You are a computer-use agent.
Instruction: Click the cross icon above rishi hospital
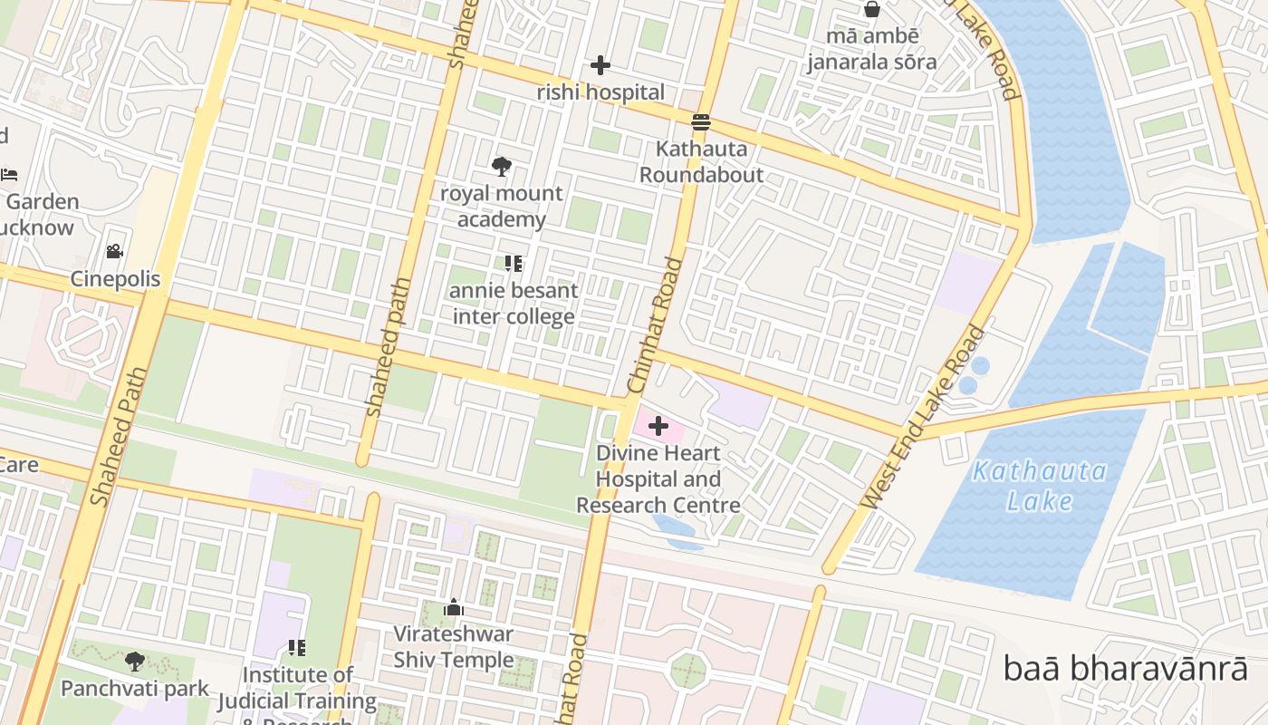coord(600,65)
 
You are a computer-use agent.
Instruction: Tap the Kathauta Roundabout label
coord(701,161)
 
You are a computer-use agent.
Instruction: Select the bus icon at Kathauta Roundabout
coord(701,122)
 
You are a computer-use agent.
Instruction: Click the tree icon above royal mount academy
coord(501,167)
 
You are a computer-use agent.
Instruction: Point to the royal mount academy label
coord(501,207)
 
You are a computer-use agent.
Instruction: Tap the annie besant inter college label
coord(514,304)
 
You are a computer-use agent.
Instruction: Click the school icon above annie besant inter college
coord(514,264)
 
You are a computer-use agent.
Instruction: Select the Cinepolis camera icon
coord(114,252)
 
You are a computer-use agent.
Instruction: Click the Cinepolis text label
coord(115,279)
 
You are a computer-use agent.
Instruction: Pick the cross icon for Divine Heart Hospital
coord(658,426)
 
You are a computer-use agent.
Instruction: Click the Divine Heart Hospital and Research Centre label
coord(658,479)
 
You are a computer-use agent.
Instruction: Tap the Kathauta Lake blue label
coord(1039,486)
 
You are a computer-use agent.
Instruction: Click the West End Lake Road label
coord(924,417)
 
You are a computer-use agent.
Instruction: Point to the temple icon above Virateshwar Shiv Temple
coord(454,607)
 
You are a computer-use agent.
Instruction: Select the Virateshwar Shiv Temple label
coord(453,647)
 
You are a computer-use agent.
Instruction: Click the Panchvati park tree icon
coord(135,661)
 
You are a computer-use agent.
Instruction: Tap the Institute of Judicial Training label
coord(297,689)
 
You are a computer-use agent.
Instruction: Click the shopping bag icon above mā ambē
coord(871,9)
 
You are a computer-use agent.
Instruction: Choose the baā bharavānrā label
coord(1125,669)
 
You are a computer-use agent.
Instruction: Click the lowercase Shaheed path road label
coord(389,349)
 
